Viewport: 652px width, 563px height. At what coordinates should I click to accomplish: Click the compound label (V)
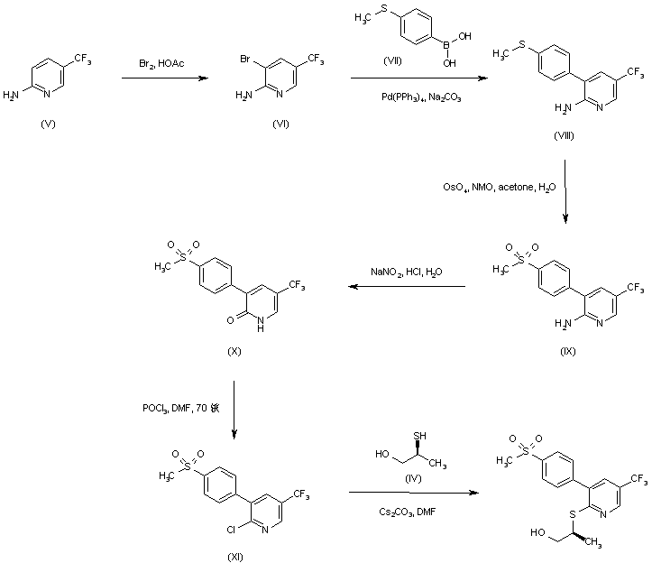point(49,123)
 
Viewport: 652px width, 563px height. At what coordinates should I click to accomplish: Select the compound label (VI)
point(280,123)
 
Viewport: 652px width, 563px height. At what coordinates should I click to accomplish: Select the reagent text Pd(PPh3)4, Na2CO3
point(415,97)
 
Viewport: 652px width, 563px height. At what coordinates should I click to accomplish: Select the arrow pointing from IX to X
point(407,288)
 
